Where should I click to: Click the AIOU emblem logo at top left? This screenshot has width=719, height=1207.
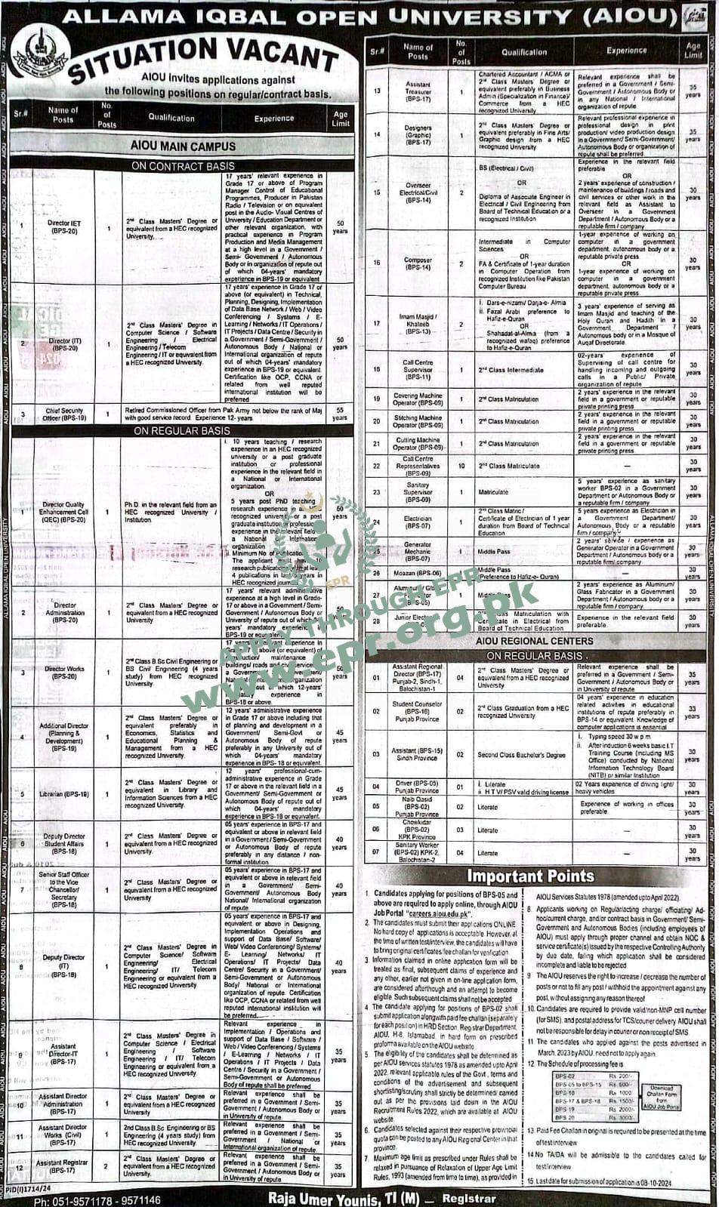click(40, 51)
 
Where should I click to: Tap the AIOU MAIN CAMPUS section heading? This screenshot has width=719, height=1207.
click(182, 146)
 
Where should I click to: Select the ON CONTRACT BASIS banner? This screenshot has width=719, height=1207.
click(182, 165)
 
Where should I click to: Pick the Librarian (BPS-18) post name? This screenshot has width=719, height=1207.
click(64, 794)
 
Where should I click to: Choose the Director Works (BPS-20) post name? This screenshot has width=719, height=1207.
click(64, 673)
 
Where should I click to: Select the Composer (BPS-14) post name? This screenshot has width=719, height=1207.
click(418, 263)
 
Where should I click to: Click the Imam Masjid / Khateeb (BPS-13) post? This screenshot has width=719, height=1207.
click(418, 324)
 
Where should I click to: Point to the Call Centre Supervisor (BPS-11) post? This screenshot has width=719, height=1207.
click(418, 370)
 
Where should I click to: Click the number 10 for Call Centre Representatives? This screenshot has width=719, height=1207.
click(461, 466)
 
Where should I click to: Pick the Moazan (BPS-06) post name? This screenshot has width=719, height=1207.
click(418, 574)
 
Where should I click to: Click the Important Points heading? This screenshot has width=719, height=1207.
click(530, 876)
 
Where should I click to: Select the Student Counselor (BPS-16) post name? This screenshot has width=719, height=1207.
click(417, 712)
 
